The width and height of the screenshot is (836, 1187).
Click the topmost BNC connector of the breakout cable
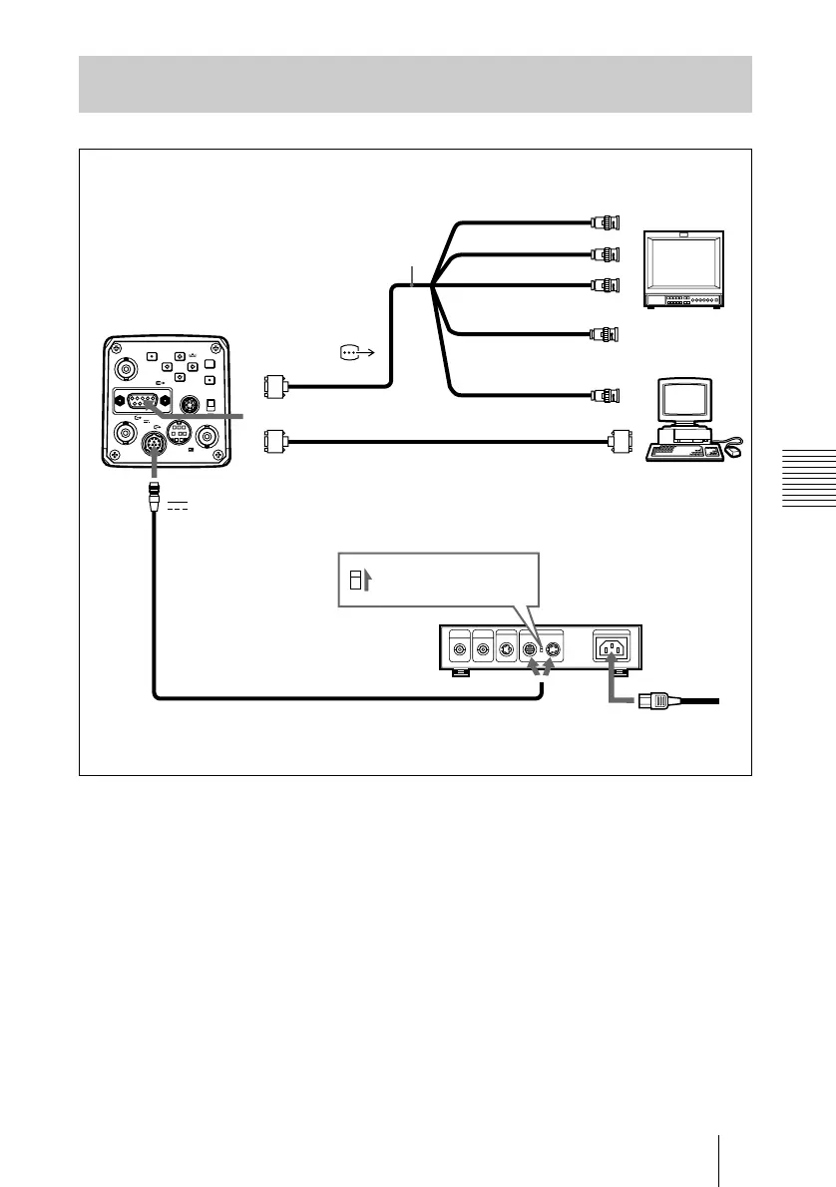coord(606,221)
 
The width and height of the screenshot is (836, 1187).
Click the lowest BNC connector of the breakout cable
coord(606,394)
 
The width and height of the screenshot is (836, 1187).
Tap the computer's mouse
coord(735,451)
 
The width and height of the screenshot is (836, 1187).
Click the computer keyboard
coord(685,452)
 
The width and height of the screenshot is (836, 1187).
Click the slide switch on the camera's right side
coord(210,404)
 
